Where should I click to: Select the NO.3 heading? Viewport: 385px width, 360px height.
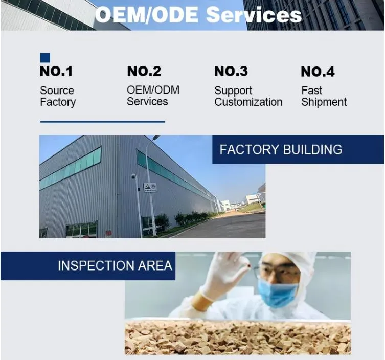(231, 72)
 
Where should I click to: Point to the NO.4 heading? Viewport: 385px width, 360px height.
(318, 72)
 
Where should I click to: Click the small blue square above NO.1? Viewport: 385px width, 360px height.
(45, 58)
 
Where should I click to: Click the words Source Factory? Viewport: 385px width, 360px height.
(57, 96)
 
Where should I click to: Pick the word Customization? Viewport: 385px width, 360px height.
(248, 102)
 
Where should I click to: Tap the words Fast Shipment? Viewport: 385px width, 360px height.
(323, 96)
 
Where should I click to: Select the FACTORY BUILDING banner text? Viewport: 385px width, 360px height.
(281, 150)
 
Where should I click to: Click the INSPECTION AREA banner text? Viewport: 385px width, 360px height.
(115, 266)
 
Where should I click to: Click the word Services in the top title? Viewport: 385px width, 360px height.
(254, 15)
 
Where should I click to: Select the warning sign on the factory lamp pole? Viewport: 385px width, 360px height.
(150, 187)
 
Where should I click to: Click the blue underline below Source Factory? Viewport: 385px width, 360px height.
(102, 122)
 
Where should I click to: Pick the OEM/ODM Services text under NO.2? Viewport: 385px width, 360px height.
(153, 96)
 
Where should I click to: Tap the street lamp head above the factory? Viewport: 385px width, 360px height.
(155, 137)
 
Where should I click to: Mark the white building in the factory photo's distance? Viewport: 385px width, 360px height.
(252, 198)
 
